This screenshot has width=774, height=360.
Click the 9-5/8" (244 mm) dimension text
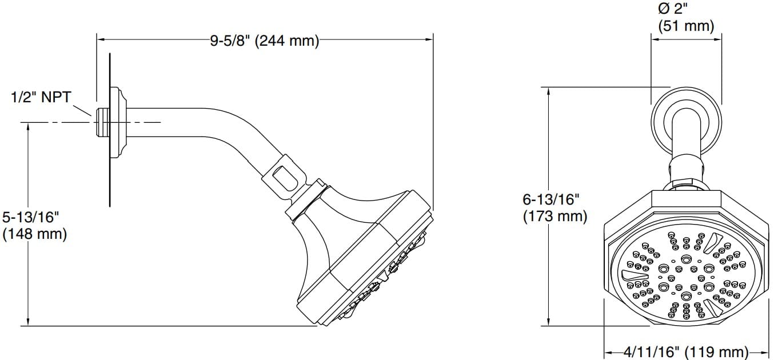pyautogui.click(x=264, y=41)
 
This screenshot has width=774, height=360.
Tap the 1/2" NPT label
pyautogui.click(x=41, y=97)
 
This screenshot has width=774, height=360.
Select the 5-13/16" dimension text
pyautogui.click(x=31, y=218)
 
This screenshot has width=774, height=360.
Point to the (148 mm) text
pyautogui.click(x=35, y=234)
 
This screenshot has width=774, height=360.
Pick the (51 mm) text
pyautogui.click(x=686, y=26)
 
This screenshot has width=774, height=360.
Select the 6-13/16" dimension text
pyautogui.click(x=552, y=200)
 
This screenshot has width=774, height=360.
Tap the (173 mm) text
pyautogui.click(x=555, y=216)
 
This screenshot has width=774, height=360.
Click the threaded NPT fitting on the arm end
pyautogui.click(x=103, y=121)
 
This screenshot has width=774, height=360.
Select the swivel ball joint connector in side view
pyautogui.click(x=282, y=174)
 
